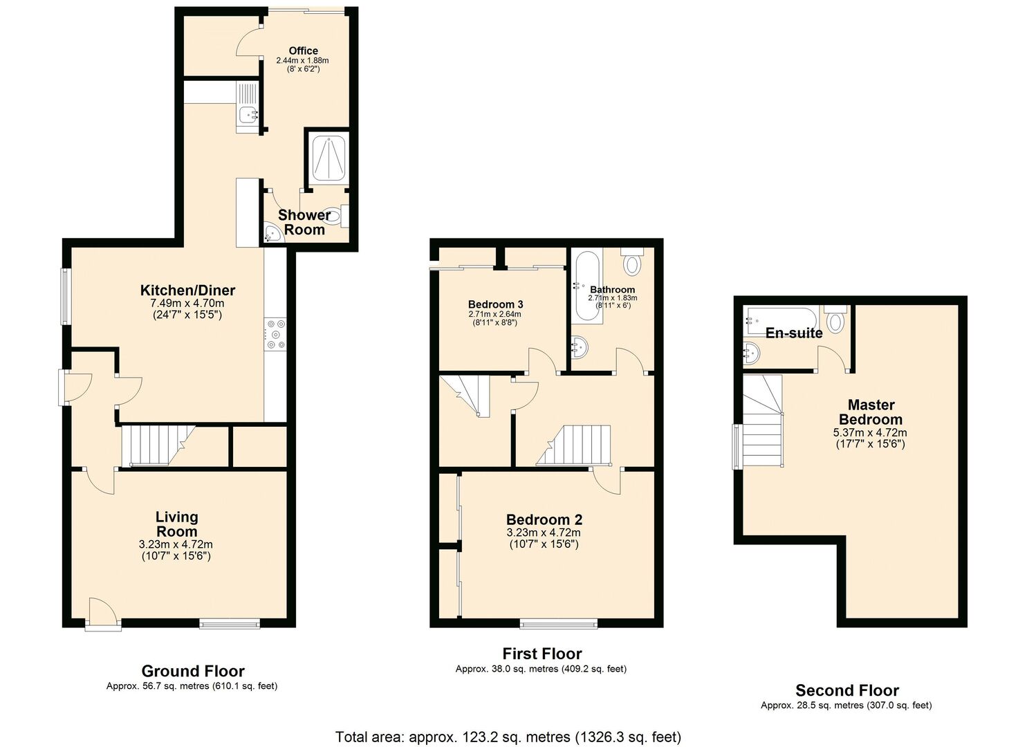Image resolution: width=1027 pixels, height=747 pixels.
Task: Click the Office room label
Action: tap(303, 50)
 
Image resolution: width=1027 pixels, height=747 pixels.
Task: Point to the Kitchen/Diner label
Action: tap(187, 290)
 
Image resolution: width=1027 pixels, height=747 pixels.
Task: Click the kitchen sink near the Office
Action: tap(247, 115)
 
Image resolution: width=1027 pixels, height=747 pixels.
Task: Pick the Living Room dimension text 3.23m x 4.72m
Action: tap(176, 544)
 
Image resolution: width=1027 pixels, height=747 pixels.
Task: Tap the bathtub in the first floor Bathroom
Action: tap(586, 287)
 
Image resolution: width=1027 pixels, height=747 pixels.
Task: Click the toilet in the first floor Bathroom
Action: tap(632, 262)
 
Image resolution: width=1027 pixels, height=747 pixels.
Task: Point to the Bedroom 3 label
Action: tap(495, 304)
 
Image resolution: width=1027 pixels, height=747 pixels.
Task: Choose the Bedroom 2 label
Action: tap(544, 520)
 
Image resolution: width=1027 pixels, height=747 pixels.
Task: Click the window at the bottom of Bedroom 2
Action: tap(558, 624)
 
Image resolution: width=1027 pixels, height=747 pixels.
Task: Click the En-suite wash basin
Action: tap(752, 353)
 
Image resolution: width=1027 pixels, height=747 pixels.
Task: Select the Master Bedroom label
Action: tap(871, 412)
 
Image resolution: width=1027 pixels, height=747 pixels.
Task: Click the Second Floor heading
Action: tap(846, 690)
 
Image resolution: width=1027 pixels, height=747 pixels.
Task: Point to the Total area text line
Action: tap(508, 736)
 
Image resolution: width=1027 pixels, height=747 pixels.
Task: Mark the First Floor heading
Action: tap(542, 654)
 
